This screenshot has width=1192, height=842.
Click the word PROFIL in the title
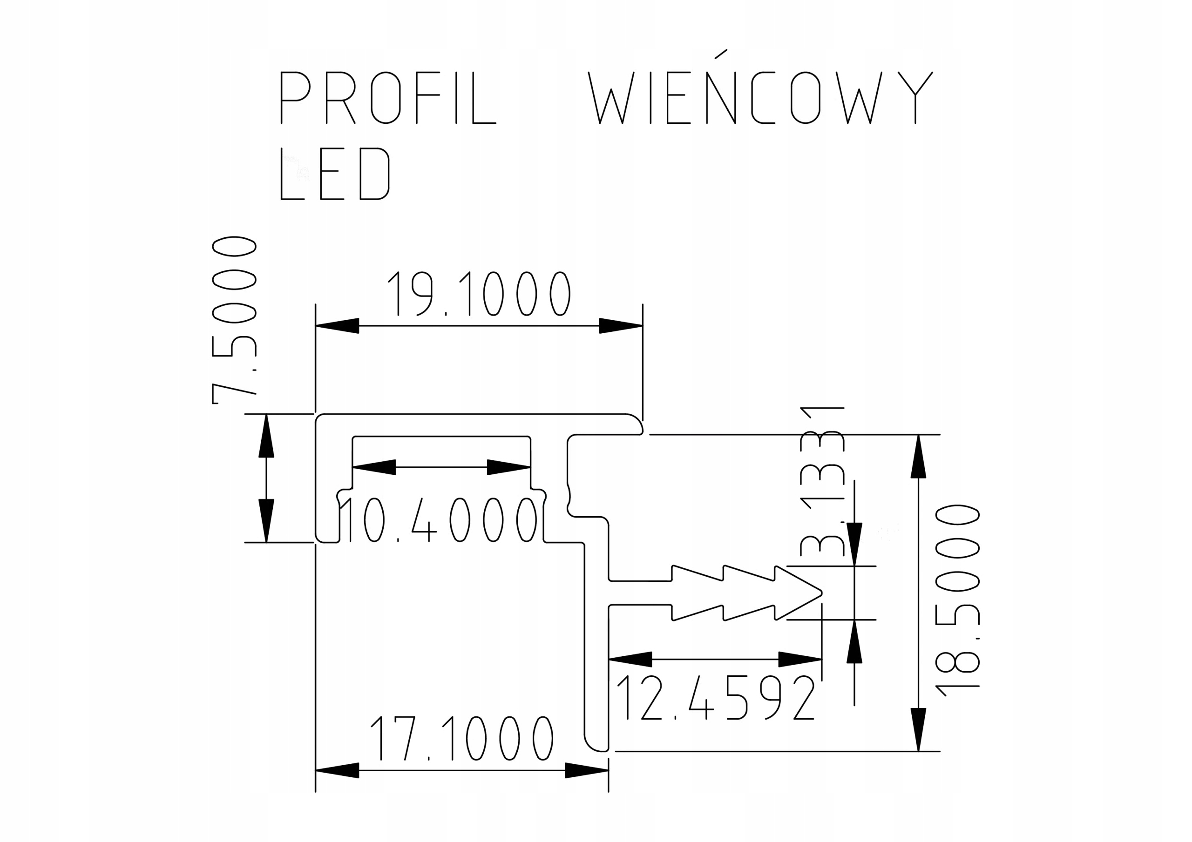pyautogui.click(x=388, y=98)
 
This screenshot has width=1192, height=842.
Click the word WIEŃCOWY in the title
pyautogui.click(x=760, y=98)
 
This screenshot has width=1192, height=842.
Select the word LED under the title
pyautogui.click(x=335, y=174)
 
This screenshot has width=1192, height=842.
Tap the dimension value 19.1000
pyautogui.click(x=479, y=293)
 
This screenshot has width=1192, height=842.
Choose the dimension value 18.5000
pyautogui.click(x=957, y=600)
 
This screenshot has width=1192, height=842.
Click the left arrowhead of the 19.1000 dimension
pyautogui.click(x=338, y=326)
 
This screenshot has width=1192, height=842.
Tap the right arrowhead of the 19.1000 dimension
pyautogui.click(x=621, y=326)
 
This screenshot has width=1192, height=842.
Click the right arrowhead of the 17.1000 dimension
pyautogui.click(x=587, y=770)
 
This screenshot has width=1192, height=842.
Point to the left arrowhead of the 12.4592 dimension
pyautogui.click(x=630, y=659)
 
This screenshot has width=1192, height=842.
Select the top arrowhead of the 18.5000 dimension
pyautogui.click(x=918, y=456)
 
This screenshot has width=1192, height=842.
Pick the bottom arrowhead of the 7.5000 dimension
pyautogui.click(x=266, y=521)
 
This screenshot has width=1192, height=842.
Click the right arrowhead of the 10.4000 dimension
pyautogui.click(x=509, y=467)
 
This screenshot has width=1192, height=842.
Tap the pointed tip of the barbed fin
pyautogui.click(x=821, y=593)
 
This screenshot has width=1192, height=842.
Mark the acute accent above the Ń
pyautogui.click(x=721, y=54)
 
